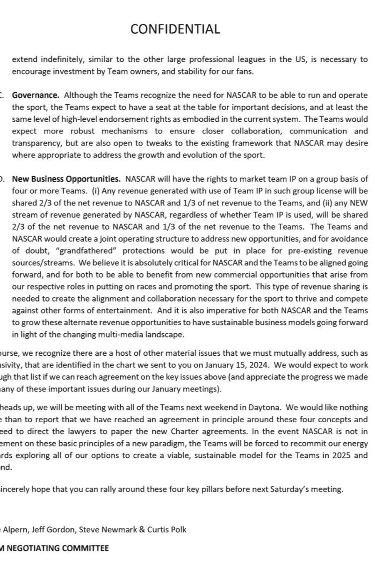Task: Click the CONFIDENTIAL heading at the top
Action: [175, 29]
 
